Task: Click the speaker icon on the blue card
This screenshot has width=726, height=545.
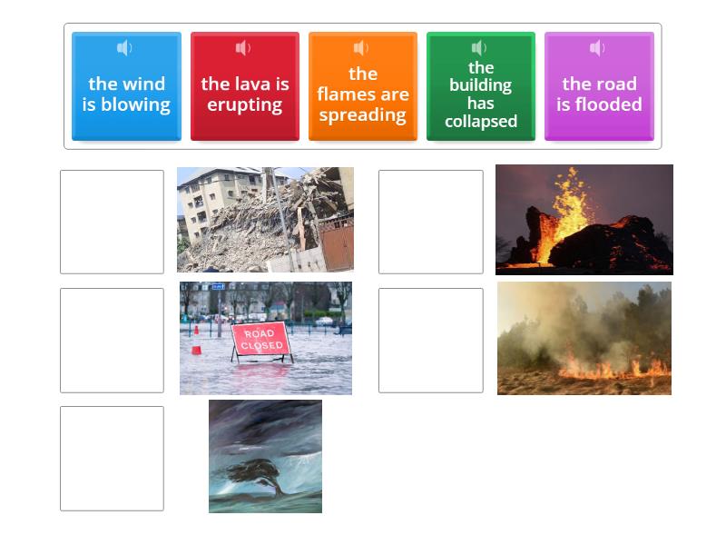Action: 125,48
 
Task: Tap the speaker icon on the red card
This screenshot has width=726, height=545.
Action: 243,48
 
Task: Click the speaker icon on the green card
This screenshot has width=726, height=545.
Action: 479,48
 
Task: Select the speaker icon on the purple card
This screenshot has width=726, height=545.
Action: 597,48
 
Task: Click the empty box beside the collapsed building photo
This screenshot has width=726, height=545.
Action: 112,222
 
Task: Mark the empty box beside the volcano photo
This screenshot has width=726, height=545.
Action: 430,222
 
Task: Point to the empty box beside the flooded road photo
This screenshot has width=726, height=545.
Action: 112,340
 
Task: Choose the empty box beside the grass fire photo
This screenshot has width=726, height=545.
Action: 430,340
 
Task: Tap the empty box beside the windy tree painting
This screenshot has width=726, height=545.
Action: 112,458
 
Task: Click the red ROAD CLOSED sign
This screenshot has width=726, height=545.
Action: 261,340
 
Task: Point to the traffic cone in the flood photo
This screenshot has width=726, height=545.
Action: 196,344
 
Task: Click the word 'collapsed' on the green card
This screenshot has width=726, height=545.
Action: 480,122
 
